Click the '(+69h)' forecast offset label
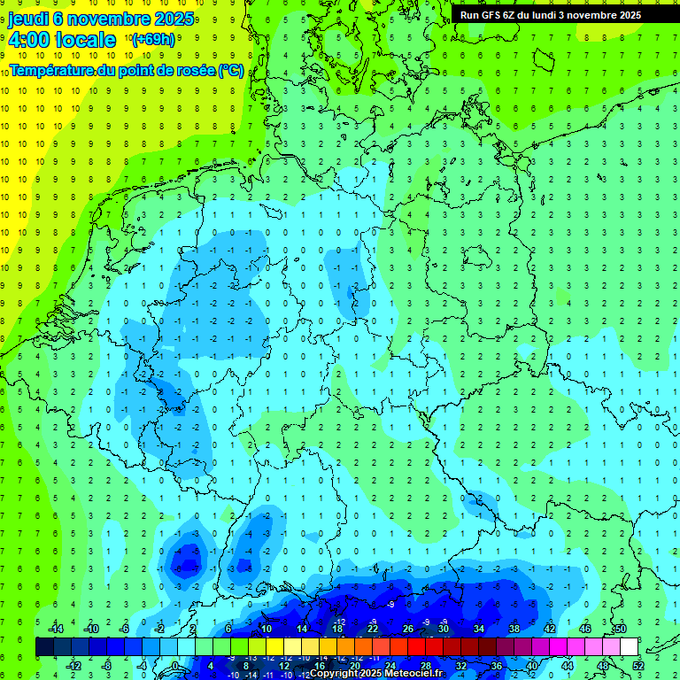[152, 40]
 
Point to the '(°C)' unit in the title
[231, 71]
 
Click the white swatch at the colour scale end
[629, 647]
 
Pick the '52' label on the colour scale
[637, 666]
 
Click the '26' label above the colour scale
[408, 629]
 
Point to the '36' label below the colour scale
[497, 666]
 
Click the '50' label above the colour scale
[621, 629]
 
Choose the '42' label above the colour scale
[550, 629]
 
